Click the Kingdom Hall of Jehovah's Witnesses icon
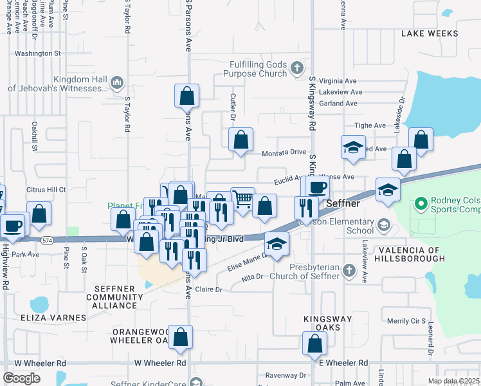[x=117, y=82]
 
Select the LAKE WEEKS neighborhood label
[x=430, y=33]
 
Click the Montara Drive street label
[x=284, y=153]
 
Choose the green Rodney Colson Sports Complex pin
[x=422, y=205]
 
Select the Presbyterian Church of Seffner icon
[x=348, y=269]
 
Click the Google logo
[x=22, y=378]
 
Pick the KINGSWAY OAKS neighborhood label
[x=327, y=324]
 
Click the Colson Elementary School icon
[x=383, y=224]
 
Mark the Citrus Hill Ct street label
[x=46, y=190]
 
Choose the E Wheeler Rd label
[x=343, y=363]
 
